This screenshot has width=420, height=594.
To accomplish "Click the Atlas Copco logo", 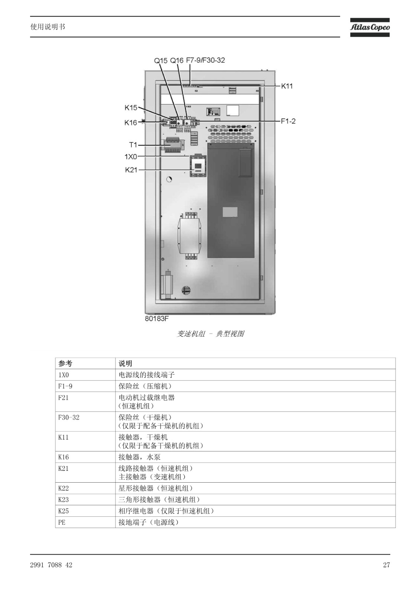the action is [x=370, y=27].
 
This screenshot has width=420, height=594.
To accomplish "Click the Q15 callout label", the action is [x=161, y=61].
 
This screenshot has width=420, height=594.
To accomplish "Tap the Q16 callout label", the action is [x=177, y=61].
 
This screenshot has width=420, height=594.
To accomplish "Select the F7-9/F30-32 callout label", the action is [x=205, y=61].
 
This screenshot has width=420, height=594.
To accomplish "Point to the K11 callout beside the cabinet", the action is [x=287, y=86].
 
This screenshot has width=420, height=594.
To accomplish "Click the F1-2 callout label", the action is [x=288, y=121].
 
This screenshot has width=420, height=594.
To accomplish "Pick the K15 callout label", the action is [x=131, y=108].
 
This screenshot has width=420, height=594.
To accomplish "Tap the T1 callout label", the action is [x=133, y=145].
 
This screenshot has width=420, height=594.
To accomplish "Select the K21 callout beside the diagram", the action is [x=131, y=170].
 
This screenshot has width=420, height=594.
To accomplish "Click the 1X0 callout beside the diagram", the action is [x=131, y=157].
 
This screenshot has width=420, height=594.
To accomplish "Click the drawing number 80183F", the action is [x=157, y=319].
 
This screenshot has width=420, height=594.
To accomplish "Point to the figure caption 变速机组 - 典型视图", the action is [x=211, y=334].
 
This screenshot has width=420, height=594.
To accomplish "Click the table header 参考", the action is [x=65, y=363].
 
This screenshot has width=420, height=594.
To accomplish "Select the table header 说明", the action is [x=125, y=363].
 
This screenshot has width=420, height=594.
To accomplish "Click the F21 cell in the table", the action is [x=64, y=398].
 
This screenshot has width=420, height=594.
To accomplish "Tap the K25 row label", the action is [x=64, y=511].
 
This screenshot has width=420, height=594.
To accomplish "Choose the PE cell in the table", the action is [x=62, y=522].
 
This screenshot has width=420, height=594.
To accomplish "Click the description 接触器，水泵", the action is [x=139, y=457].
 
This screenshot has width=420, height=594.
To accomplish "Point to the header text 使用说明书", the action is [x=48, y=27].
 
